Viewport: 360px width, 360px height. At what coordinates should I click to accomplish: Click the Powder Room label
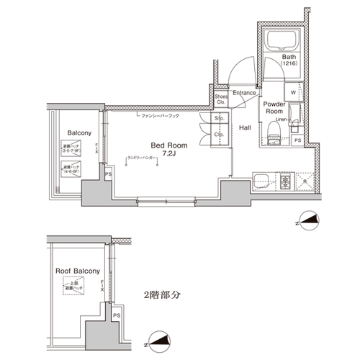(276, 107)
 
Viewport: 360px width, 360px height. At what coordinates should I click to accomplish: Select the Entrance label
(245, 93)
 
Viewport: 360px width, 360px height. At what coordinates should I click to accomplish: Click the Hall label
(245, 127)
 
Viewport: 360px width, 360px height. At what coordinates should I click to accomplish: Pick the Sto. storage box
(218, 120)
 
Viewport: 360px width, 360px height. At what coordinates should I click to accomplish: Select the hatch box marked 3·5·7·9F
(71, 149)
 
